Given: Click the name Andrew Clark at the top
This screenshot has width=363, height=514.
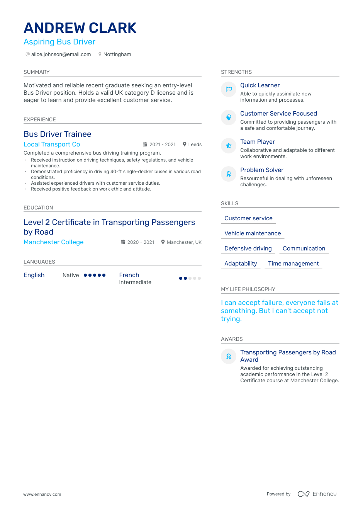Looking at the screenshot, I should click(x=80, y=28).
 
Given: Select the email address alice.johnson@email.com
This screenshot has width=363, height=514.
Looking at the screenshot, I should click(x=61, y=54).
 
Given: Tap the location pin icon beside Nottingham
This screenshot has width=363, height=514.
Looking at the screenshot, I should click(x=100, y=54).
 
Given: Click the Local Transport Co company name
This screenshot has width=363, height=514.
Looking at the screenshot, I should click(x=52, y=145).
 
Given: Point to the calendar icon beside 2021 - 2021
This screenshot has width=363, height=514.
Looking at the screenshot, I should click(x=145, y=145).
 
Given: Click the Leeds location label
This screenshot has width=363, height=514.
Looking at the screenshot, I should click(x=195, y=145).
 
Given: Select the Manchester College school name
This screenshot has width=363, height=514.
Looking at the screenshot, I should click(x=54, y=242).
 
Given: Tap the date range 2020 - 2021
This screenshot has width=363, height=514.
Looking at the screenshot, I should click(x=141, y=242).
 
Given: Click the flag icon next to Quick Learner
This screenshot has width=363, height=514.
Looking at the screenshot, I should click(x=229, y=89).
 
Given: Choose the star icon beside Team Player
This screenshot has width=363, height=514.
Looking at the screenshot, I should click(x=229, y=146).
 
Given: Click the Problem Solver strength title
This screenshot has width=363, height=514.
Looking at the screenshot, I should click(x=262, y=170).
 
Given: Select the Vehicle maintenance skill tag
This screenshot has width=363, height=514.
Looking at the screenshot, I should click(x=253, y=233).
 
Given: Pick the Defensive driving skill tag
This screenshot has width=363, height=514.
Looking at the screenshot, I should click(x=248, y=248).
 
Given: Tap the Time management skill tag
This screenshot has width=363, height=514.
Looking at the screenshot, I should click(x=293, y=264).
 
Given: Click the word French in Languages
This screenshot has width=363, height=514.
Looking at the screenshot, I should click(x=129, y=275).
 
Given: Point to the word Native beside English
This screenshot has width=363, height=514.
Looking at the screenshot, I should click(x=71, y=276).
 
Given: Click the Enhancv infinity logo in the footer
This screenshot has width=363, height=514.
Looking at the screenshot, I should click(x=304, y=494).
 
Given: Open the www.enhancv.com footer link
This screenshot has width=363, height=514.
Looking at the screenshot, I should click(x=42, y=494).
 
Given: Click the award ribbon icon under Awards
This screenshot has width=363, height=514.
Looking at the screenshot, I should click(x=229, y=356).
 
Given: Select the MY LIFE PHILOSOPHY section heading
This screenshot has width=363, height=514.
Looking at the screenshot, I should click(x=248, y=289).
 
